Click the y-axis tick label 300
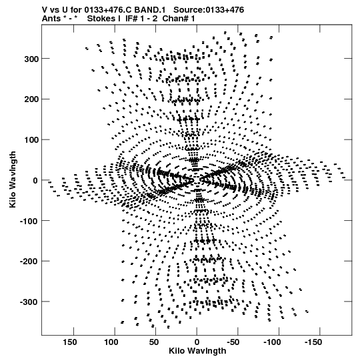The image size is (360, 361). click(31, 59)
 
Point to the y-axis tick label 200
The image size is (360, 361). click(31, 99)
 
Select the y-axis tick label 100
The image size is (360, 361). click(31, 140)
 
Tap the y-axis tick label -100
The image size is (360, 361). click(29, 221)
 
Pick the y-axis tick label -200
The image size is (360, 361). click(29, 262)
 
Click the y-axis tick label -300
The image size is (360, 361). click(29, 302)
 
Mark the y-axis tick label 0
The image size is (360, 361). click(35, 180)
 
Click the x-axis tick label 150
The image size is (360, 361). click(70, 342)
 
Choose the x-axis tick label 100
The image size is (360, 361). click(111, 342)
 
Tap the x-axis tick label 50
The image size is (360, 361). click(154, 342)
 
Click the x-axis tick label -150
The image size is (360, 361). click(314, 342)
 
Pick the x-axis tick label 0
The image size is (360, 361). click(197, 342)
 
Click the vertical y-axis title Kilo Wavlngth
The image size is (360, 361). click(13, 179)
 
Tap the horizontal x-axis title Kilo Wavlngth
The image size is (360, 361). click(197, 351)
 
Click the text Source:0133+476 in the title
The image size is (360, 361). click(209, 9)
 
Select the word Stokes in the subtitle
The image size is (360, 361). click(101, 19)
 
